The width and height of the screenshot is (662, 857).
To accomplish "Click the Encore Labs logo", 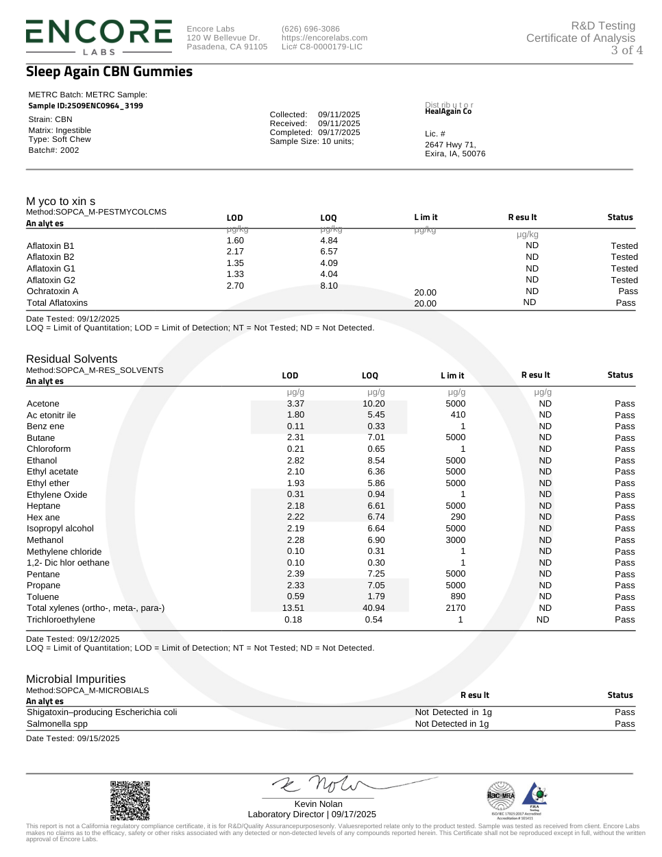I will pyautogui.click(x=99, y=36).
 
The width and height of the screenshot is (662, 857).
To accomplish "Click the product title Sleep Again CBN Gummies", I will pyautogui.click(x=109, y=72).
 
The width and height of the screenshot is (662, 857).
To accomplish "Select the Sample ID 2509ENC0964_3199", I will pyautogui.click(x=86, y=106).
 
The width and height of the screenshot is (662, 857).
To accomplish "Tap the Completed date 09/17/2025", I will pyautogui.click(x=339, y=132).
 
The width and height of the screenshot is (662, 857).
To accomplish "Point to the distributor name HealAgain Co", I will pyautogui.click(x=448, y=112).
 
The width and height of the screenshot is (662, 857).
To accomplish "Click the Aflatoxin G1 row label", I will pyautogui.click(x=51, y=269).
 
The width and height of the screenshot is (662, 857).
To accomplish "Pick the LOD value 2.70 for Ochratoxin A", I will pyautogui.click(x=235, y=286).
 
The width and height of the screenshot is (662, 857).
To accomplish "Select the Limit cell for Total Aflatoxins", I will pyautogui.click(x=425, y=304).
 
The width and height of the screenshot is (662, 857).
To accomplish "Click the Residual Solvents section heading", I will pyautogui.click(x=71, y=359).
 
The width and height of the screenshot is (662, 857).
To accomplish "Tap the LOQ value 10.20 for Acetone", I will pyautogui.click(x=373, y=404).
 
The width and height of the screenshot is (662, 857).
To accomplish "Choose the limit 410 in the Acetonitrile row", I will pyautogui.click(x=458, y=415).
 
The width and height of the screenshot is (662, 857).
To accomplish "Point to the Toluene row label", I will pyautogui.click(x=42, y=597).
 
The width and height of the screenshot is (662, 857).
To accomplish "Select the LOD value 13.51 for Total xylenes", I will pyautogui.click(x=293, y=608).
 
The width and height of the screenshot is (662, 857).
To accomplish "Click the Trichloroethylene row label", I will pyautogui.click(x=61, y=620).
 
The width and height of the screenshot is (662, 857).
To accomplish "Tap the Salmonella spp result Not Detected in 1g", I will pyautogui.click(x=452, y=724).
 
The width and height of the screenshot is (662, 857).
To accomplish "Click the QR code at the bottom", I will pyautogui.click(x=130, y=800).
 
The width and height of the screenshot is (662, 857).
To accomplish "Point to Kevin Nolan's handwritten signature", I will pyautogui.click(x=322, y=784).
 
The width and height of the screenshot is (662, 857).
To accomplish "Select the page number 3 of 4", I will pyautogui.click(x=626, y=50).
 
